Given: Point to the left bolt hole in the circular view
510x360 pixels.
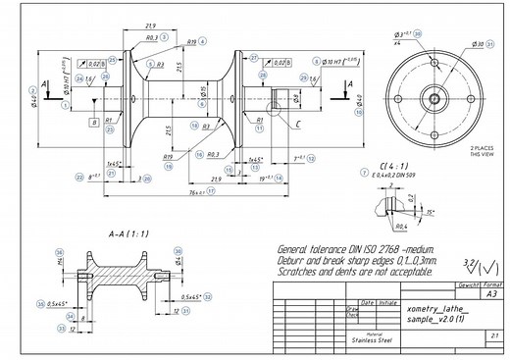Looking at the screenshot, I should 401,98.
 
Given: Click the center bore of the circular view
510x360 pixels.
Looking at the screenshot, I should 432,98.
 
